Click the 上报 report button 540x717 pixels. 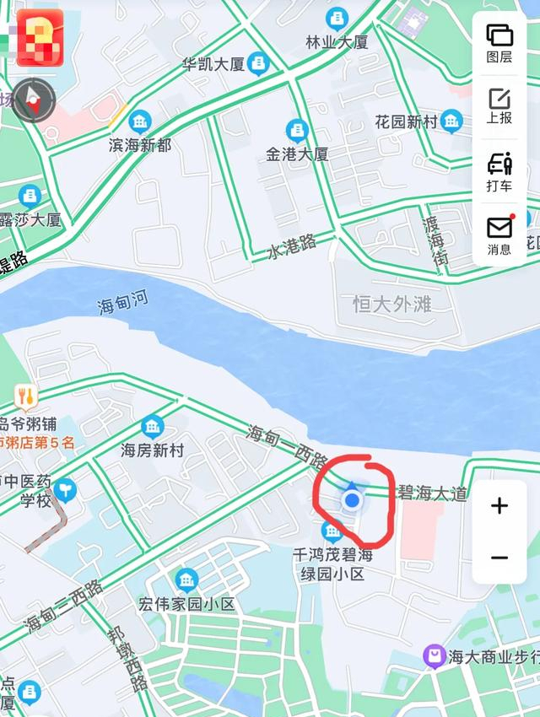click(x=499, y=105)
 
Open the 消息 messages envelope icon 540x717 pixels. click(x=499, y=235)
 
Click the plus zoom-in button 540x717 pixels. click(x=499, y=506)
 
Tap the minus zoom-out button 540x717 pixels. click(x=499, y=558)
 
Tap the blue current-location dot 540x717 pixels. click(x=353, y=501)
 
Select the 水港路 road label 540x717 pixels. click(x=292, y=245)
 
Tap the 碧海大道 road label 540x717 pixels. click(x=432, y=493)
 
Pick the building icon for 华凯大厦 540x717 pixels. click(x=259, y=62)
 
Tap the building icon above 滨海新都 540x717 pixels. click(x=140, y=121)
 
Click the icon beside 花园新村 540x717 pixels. click(x=452, y=121)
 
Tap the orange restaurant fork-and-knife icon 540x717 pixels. click(x=26, y=395)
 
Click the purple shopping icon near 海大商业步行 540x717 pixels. click(x=435, y=655)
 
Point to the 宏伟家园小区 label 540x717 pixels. click(x=186, y=604)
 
